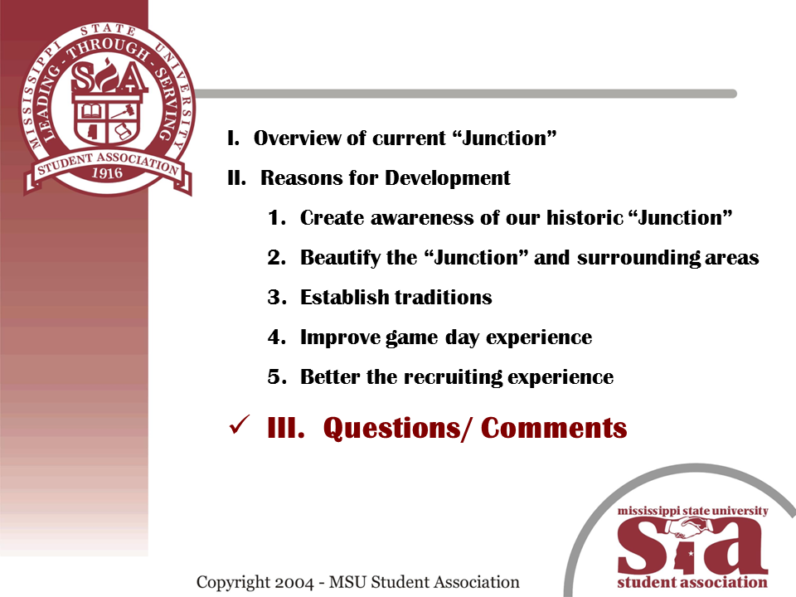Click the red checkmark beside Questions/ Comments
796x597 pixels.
pyautogui.click(x=239, y=425)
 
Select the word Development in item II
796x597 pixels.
pyautogui.click(x=447, y=178)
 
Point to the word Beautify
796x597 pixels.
pyautogui.click(x=340, y=258)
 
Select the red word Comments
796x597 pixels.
pyautogui.click(x=554, y=428)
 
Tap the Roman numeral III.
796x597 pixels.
pyautogui.click(x=286, y=428)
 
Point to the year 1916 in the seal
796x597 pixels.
pyautogui.click(x=107, y=173)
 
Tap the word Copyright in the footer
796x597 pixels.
pyautogui.click(x=233, y=583)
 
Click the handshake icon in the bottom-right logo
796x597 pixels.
pyautogui.click(x=690, y=529)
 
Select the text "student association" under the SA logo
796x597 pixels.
pyautogui.click(x=692, y=582)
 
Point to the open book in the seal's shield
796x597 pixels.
pyautogui.click(x=91, y=110)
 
